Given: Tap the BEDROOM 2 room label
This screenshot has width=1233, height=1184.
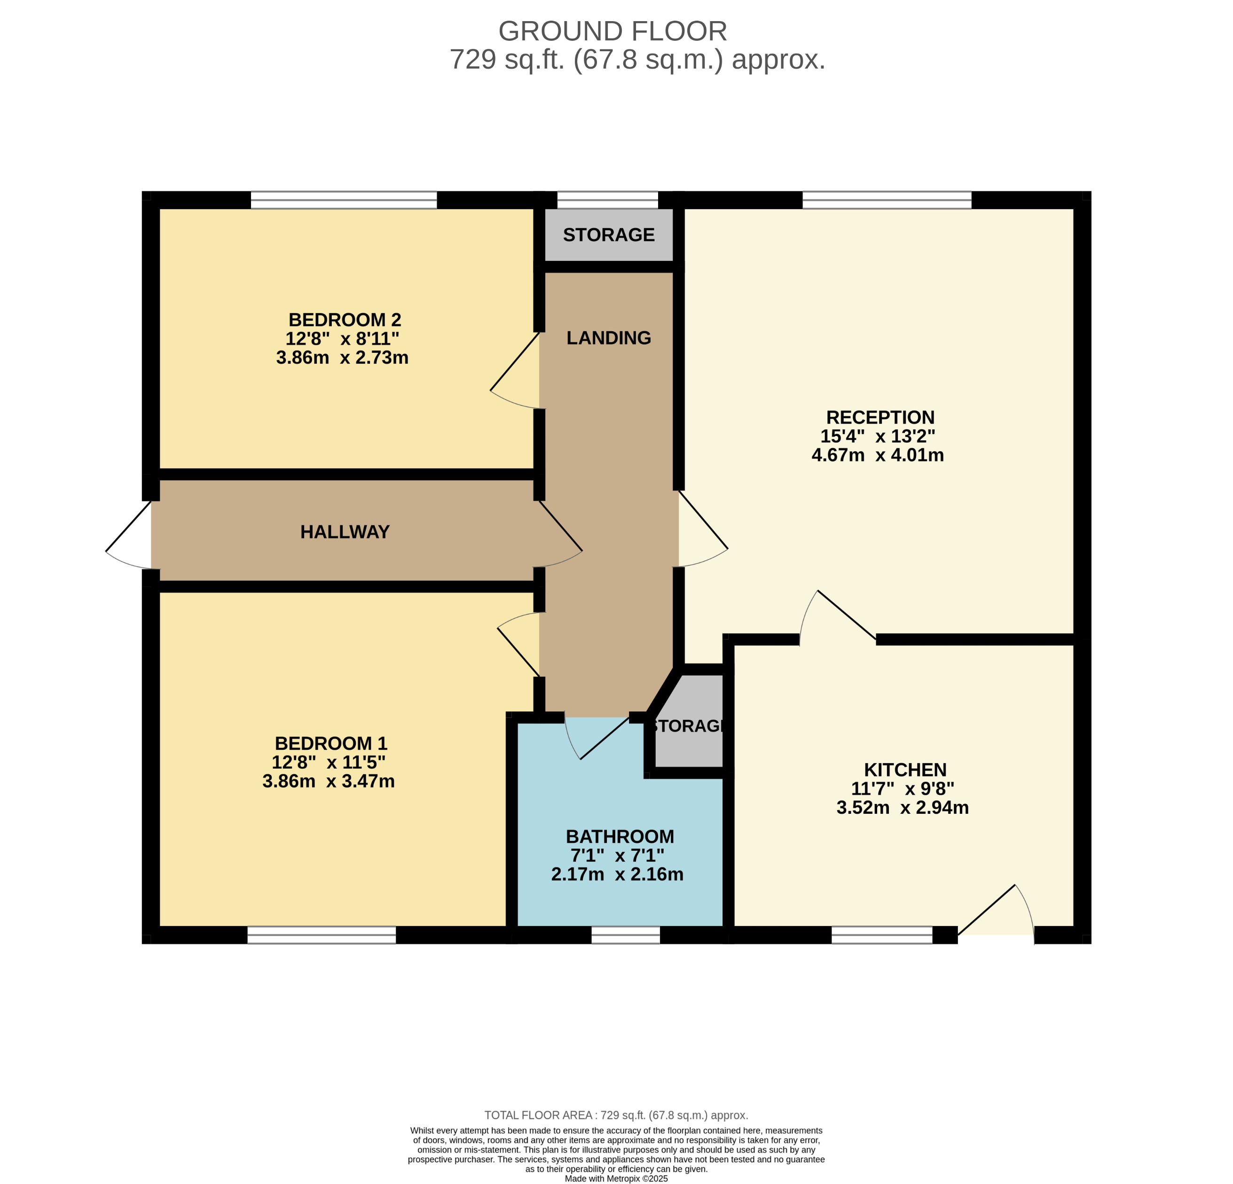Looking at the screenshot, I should (344, 320).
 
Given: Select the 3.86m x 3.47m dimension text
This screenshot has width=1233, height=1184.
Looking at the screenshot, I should (329, 781).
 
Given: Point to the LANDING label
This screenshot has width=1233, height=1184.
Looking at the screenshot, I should (608, 338).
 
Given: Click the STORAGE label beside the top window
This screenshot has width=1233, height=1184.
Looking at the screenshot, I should (608, 235).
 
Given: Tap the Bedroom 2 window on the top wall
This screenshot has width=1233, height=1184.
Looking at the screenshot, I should (344, 200).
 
